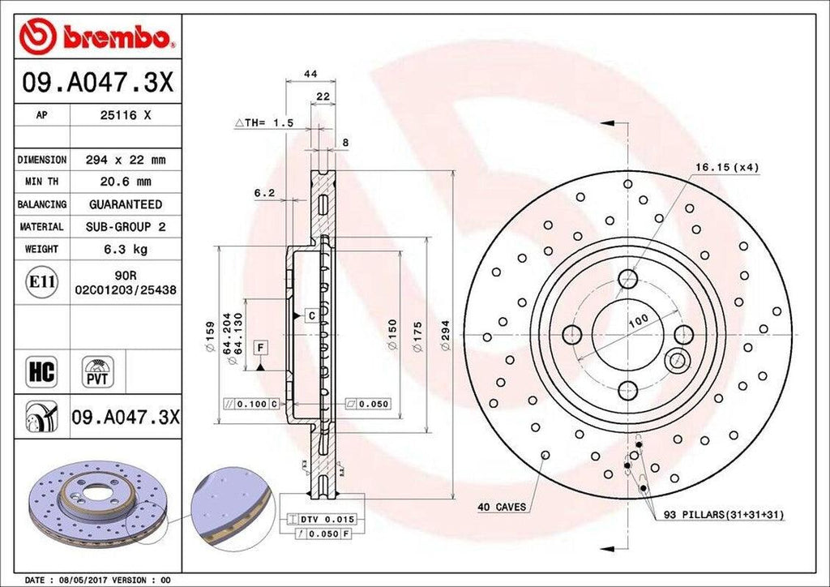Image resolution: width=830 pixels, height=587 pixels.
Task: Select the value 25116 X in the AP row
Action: click(125, 115)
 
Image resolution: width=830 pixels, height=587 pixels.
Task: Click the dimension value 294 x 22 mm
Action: click(125, 160)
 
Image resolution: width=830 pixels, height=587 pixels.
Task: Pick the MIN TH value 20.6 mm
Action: click(125, 182)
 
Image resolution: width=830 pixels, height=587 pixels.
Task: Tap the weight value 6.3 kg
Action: click(125, 249)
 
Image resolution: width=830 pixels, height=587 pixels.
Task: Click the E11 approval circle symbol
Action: click(41, 282)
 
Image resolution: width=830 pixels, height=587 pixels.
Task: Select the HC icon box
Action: click(41, 372)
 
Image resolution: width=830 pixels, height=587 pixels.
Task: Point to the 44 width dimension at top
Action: click(310, 74)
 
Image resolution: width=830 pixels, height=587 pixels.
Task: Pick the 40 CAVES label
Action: click(501, 508)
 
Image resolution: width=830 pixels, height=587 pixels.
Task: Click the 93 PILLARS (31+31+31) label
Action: click(724, 515)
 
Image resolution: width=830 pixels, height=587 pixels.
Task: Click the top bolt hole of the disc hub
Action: click(628, 280)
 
